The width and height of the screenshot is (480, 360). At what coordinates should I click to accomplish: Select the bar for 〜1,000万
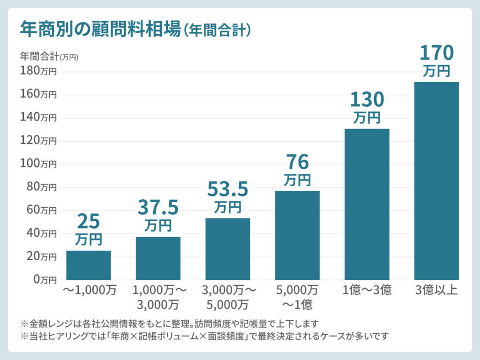click(89, 265)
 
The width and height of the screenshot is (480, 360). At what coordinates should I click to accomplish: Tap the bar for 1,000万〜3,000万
click(158, 258)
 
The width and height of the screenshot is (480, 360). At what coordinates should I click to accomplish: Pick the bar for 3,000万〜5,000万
click(228, 249)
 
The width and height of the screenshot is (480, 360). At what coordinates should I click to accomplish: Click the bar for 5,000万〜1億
click(297, 235)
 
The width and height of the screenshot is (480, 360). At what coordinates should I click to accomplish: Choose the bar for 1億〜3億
click(367, 204)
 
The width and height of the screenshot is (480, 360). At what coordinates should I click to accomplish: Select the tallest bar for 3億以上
click(436, 181)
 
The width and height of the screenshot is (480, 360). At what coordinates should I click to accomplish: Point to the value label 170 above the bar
click(436, 53)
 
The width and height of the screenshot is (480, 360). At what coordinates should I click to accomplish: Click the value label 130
click(367, 99)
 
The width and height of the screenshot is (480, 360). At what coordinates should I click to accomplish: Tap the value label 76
click(297, 162)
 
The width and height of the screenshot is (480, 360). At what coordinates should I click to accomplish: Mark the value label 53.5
click(227, 189)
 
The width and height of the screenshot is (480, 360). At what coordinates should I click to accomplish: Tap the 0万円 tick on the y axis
click(45, 280)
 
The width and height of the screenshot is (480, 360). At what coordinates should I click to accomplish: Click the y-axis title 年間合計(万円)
click(49, 57)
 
